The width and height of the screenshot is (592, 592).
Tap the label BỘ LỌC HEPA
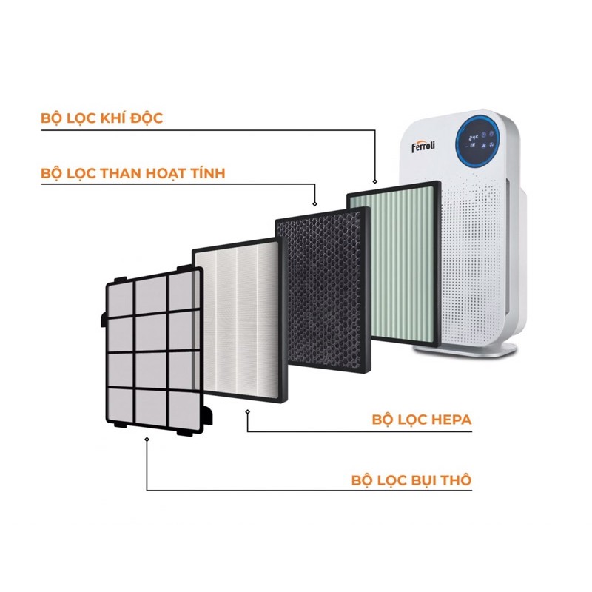click(422, 420)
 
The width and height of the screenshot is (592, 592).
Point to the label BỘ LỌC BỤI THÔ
click(411, 480)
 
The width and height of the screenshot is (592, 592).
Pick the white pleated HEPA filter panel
click(237, 322)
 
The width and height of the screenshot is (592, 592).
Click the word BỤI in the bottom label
click(424, 480)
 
